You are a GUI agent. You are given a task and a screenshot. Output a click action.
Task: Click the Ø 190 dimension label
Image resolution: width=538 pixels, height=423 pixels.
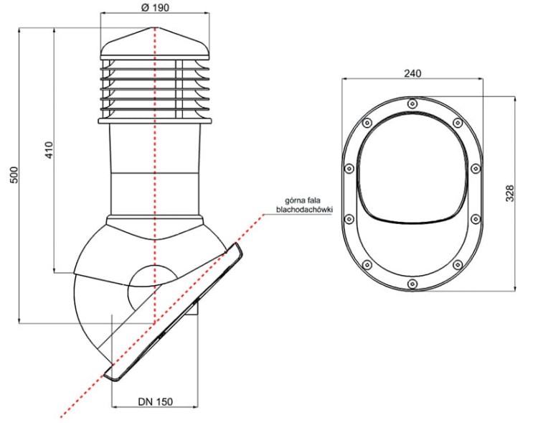tap(155, 8)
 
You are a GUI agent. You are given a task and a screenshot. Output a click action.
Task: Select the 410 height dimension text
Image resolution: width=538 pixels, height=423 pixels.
tap(49, 150)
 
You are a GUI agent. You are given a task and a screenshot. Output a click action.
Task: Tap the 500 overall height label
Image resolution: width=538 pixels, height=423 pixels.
tap(14, 175)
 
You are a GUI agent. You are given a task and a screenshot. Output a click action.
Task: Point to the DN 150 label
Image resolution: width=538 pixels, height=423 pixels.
tap(155, 401)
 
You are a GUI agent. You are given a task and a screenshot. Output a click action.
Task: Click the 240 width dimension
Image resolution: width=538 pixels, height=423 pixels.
tap(412, 73)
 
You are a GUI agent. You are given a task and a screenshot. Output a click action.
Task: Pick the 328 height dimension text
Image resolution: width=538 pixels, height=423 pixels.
tap(510, 193)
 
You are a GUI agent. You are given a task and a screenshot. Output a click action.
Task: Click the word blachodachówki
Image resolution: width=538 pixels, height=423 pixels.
tap(305, 209)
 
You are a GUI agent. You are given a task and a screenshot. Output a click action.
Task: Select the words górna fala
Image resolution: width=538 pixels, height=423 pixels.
tap(303, 200)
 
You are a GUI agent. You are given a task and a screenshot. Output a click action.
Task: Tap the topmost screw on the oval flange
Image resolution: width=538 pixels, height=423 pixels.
tap(412, 103)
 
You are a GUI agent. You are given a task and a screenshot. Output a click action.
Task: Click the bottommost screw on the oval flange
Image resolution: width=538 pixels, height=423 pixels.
tap(412, 284)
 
